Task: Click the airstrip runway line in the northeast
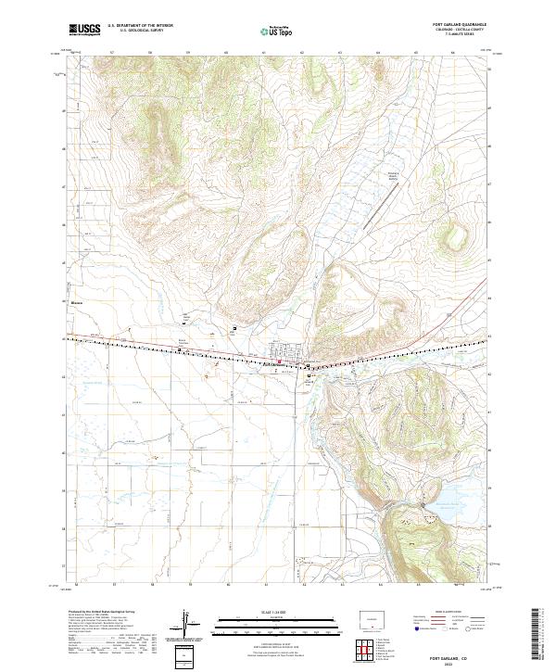(382, 214)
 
